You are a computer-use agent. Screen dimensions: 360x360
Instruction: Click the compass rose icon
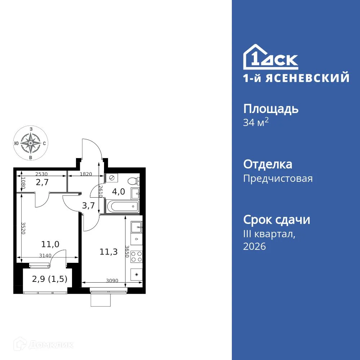point(30,143)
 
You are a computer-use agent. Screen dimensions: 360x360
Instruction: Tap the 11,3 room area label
point(108,251)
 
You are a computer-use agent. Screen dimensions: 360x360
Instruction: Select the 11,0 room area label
point(50,244)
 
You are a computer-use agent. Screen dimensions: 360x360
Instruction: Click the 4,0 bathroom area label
point(118,192)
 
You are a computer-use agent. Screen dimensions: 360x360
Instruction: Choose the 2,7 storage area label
point(42,183)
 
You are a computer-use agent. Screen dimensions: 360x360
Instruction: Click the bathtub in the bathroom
point(122,207)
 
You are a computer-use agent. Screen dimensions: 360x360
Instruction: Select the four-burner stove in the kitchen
point(136,256)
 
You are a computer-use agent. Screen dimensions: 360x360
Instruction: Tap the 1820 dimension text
point(86,174)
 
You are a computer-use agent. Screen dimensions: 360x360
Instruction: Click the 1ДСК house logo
point(271,58)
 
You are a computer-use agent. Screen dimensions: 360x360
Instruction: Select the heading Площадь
point(271,108)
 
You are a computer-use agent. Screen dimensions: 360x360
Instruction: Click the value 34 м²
point(256,123)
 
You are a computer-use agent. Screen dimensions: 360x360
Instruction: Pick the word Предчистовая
point(278,179)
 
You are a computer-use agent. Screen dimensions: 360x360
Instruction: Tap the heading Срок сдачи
point(276,220)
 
